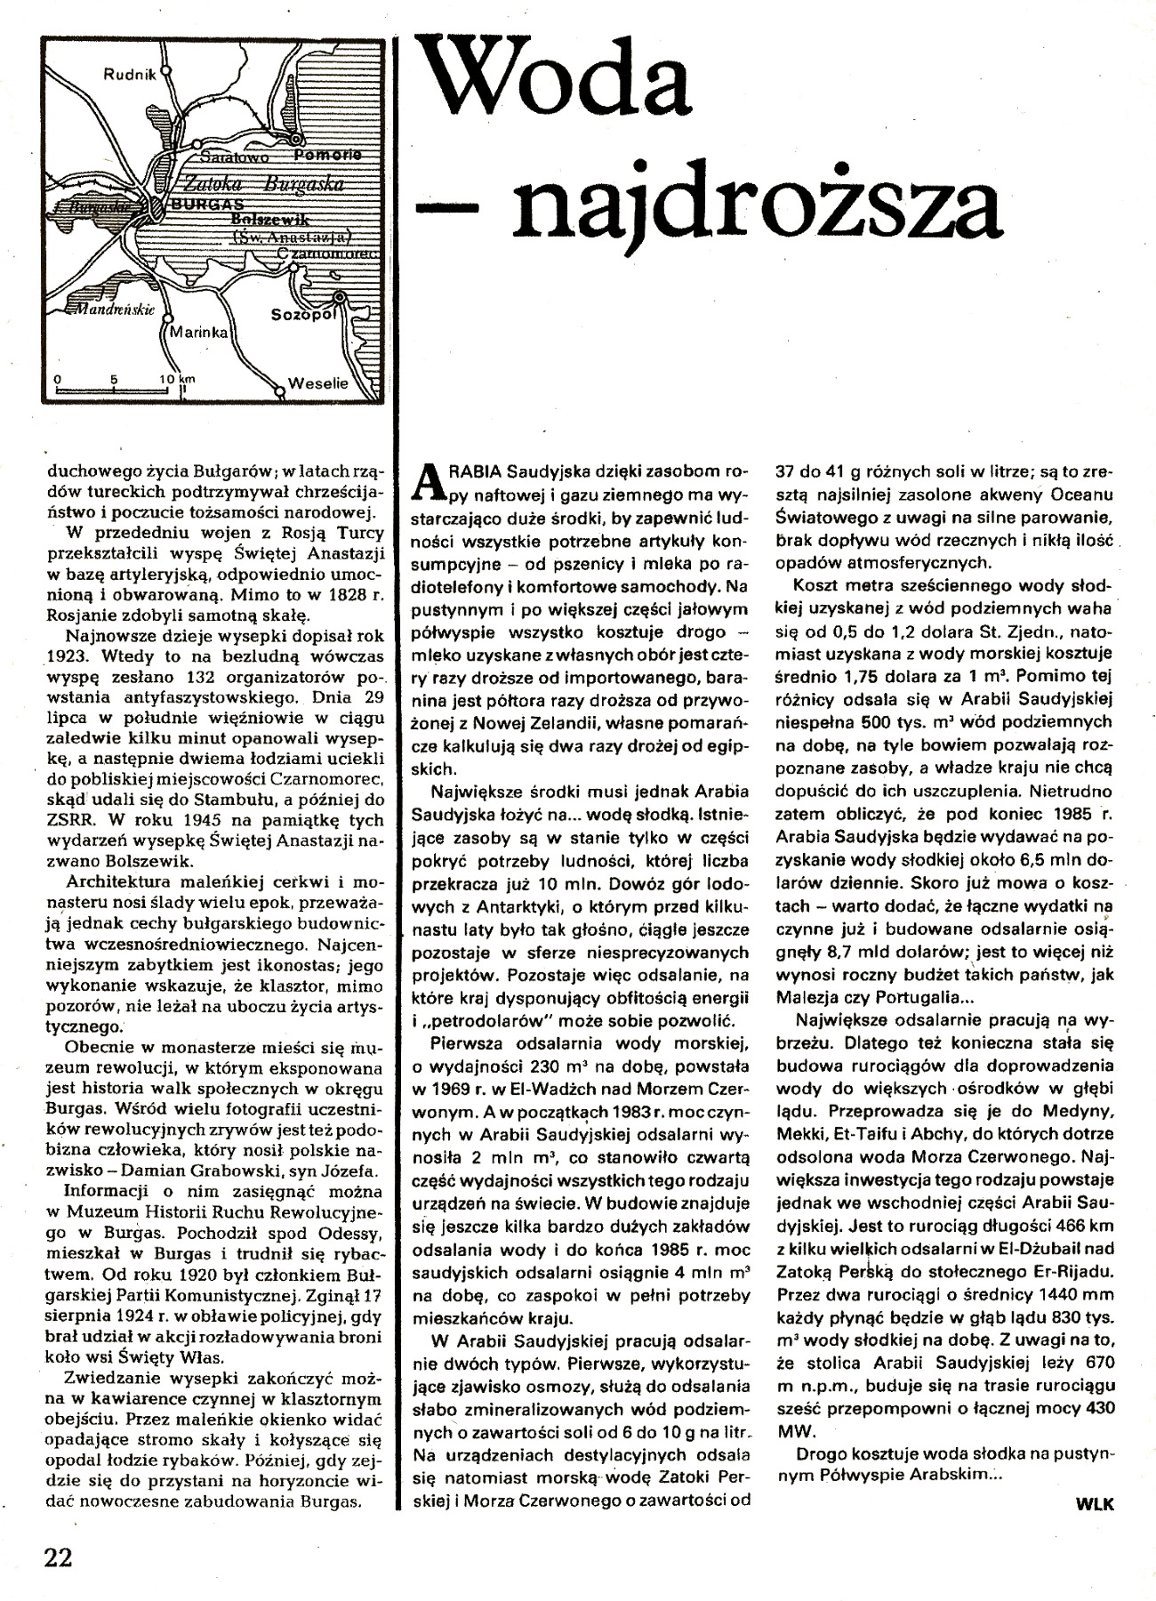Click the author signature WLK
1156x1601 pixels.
tap(1094, 1502)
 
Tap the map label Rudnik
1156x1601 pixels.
tap(131, 75)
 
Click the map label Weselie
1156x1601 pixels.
tap(317, 384)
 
